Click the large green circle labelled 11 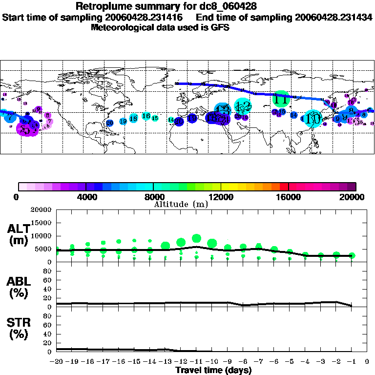point(281,99)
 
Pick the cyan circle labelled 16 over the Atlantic point(146,116)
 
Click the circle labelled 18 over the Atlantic point(133,119)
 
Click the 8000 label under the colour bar point(153,197)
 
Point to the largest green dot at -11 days point(197,238)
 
